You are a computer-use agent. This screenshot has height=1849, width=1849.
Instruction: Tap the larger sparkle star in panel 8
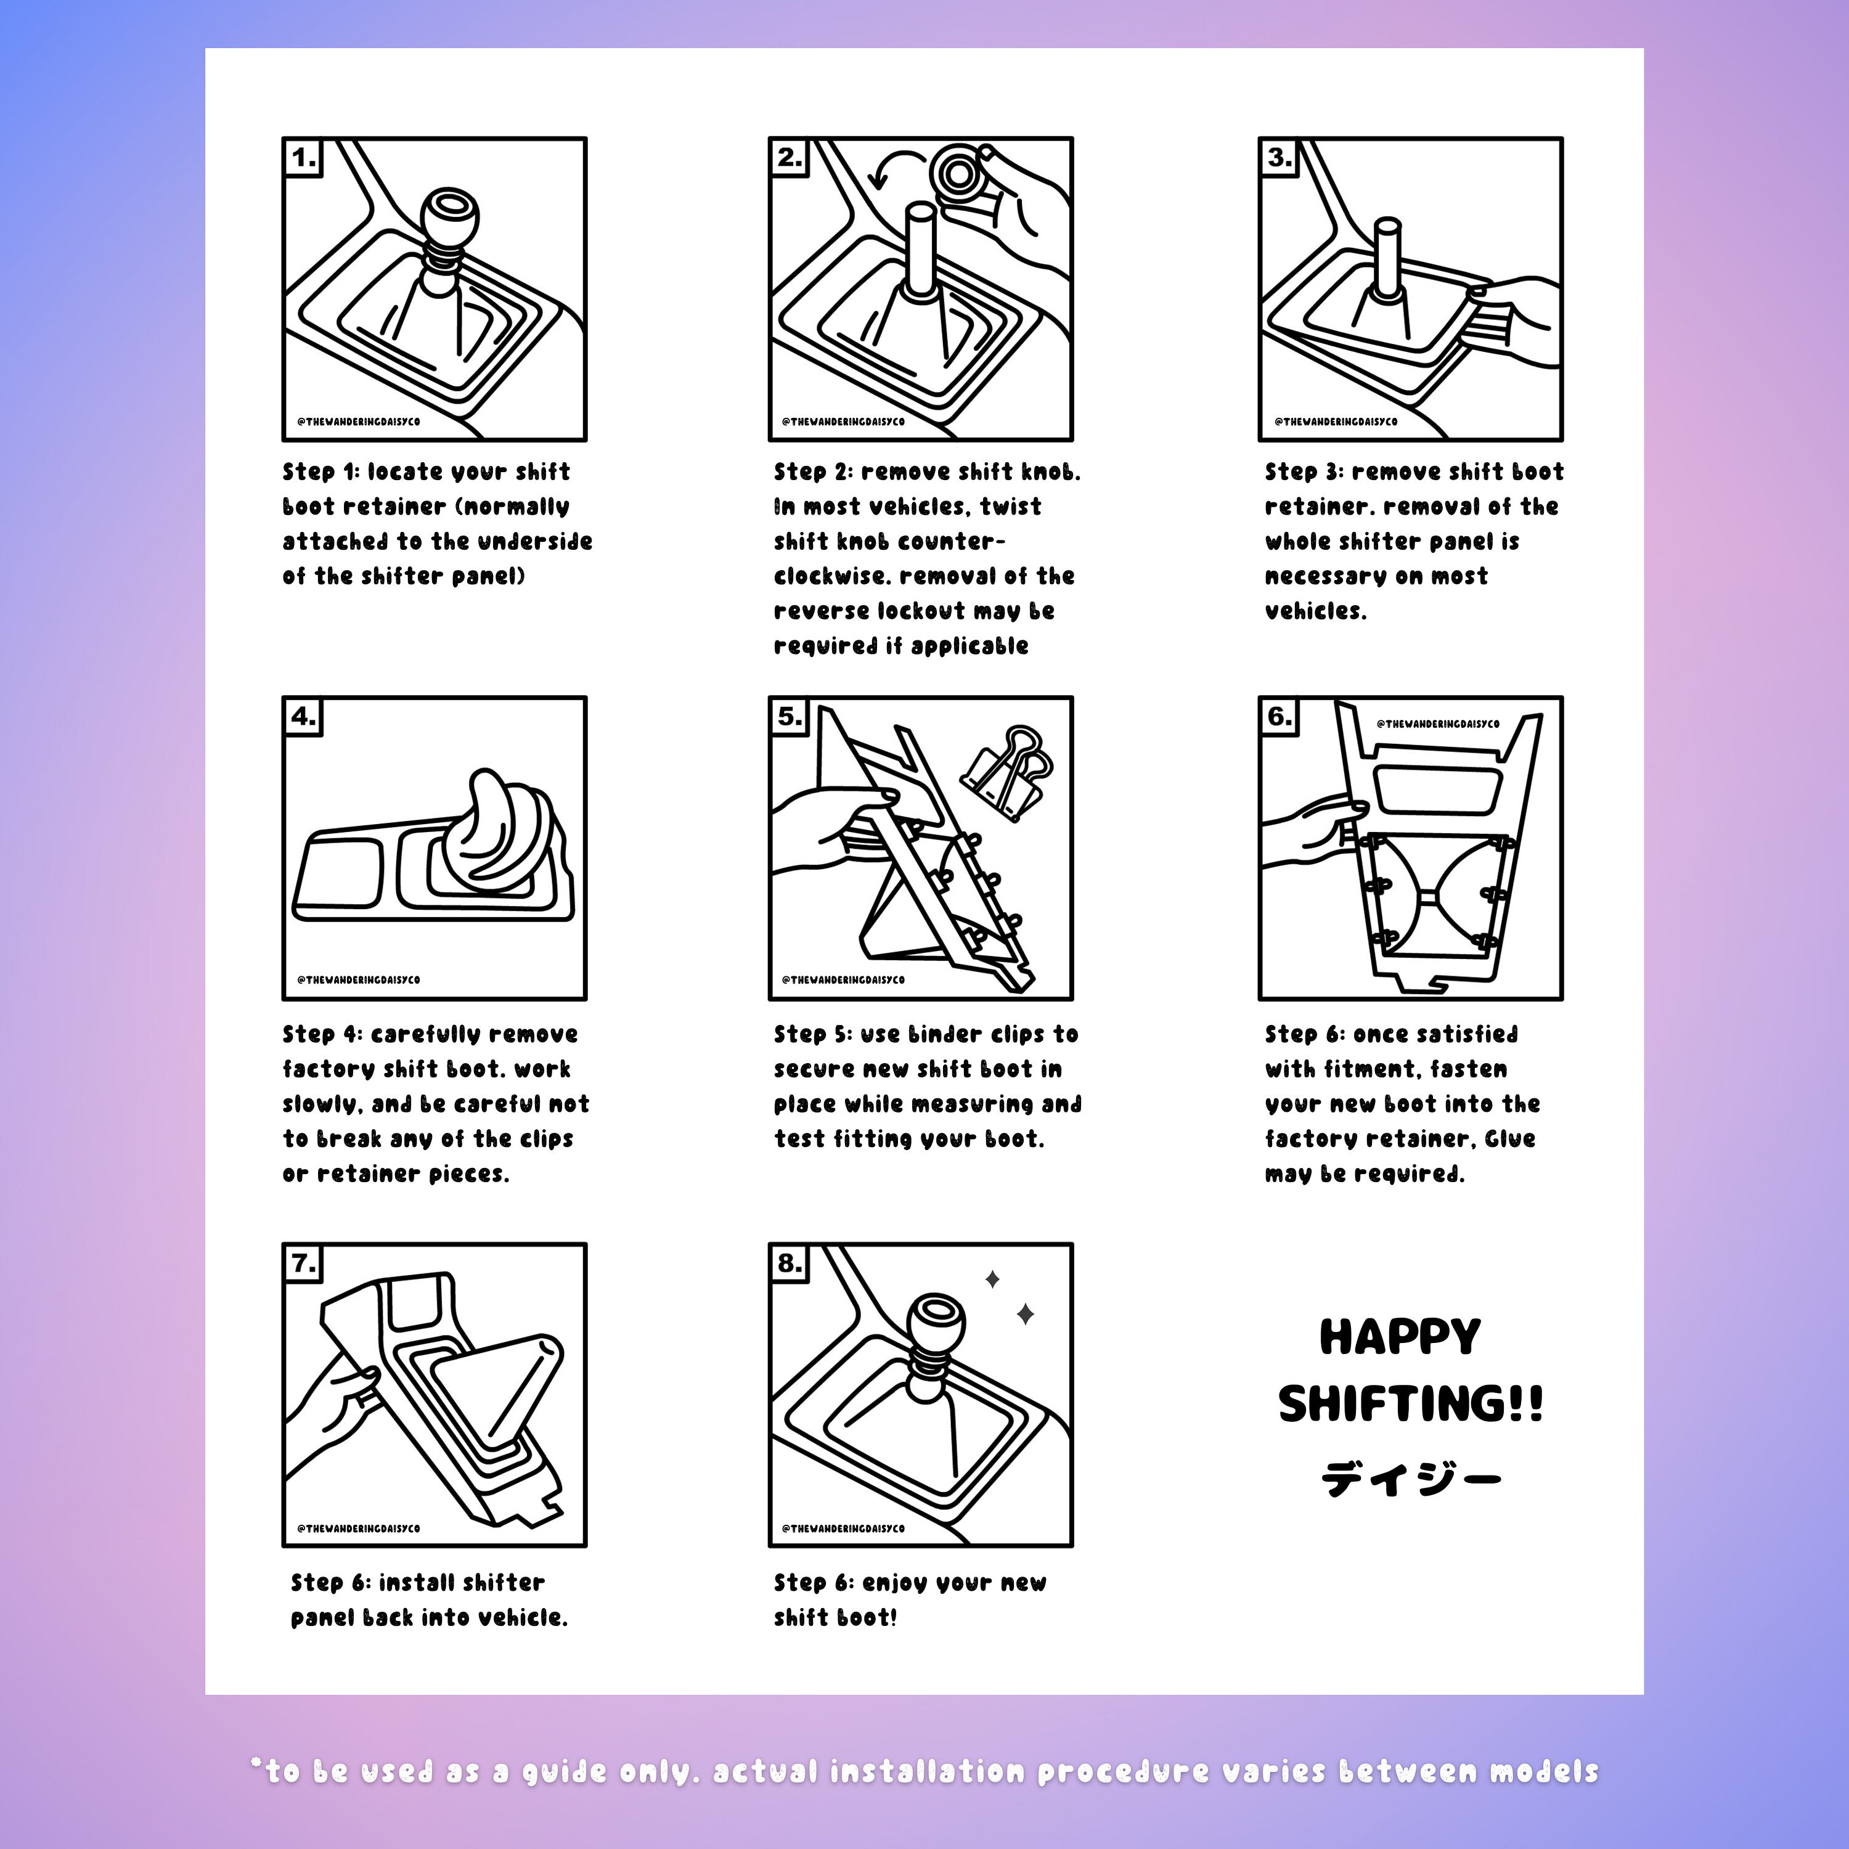click(x=1025, y=1314)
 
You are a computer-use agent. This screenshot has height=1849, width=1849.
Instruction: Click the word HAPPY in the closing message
click(x=1400, y=1337)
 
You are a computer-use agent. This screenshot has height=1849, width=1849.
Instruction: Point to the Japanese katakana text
click(x=1411, y=1479)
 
